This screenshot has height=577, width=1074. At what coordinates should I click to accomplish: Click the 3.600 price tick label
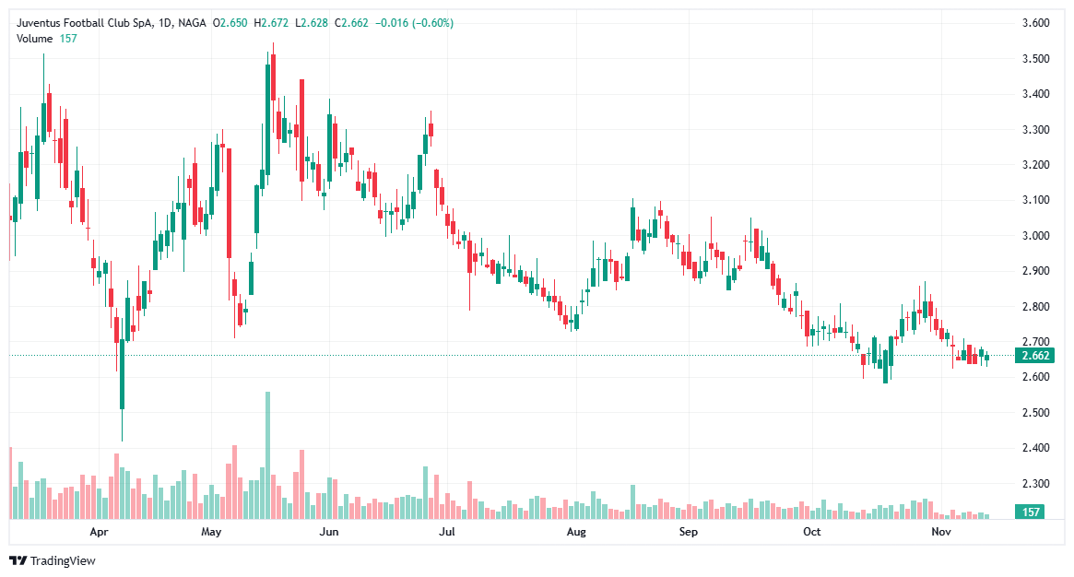(x=1037, y=23)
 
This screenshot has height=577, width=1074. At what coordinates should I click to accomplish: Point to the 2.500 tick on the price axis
(x=1037, y=413)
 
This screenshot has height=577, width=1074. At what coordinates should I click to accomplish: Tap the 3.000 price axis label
(x=1037, y=236)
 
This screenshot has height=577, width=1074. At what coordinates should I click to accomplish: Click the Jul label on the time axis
(x=448, y=533)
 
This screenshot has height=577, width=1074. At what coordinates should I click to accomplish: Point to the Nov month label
(x=940, y=533)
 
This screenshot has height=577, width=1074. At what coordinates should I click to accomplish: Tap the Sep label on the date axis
(x=688, y=533)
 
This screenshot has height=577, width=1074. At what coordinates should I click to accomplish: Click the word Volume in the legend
(x=35, y=38)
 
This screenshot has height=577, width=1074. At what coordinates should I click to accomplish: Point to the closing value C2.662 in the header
(x=355, y=23)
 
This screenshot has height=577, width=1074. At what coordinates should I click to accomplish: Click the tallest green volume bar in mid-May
(x=268, y=456)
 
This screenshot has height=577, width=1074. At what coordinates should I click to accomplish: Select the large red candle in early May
(x=229, y=203)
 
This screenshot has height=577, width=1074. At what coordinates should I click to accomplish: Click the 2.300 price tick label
(x=1037, y=484)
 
